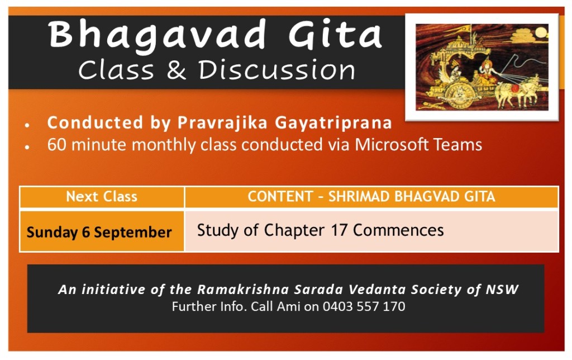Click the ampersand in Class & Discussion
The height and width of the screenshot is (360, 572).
click(x=176, y=70)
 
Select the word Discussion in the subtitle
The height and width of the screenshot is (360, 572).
click(x=277, y=70)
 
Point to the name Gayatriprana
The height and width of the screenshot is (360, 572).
click(x=333, y=123)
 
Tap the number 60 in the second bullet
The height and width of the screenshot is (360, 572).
click(x=56, y=145)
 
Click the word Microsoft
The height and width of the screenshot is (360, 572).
click(x=392, y=144)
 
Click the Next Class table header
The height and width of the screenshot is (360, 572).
click(x=102, y=196)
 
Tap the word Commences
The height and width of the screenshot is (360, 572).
click(x=398, y=230)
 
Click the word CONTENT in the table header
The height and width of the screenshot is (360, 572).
click(x=280, y=196)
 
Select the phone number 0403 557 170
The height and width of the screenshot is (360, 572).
click(x=364, y=306)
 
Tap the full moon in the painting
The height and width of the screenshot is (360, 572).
click(x=542, y=33)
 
